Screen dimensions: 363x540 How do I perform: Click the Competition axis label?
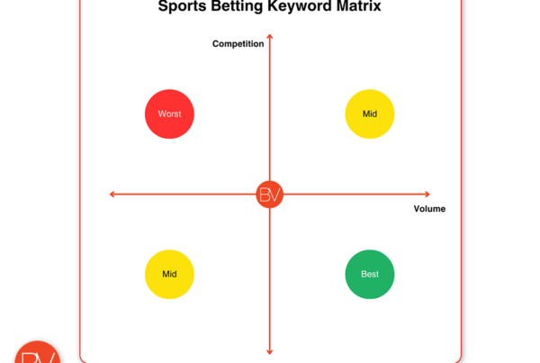click(x=238, y=43)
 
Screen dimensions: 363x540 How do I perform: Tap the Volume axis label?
click(x=429, y=209)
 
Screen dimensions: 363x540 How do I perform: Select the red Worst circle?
click(x=169, y=114)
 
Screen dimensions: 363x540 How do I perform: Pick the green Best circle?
click(x=370, y=274)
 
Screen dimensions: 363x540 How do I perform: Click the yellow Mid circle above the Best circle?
click(x=370, y=114)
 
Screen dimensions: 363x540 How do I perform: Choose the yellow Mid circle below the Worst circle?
click(x=169, y=274)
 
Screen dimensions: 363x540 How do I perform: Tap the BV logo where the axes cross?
click(x=270, y=195)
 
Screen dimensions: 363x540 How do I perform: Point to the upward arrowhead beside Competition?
click(x=270, y=38)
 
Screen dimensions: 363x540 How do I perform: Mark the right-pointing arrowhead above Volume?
click(x=427, y=194)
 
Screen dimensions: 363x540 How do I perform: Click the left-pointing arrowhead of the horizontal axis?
click(x=112, y=194)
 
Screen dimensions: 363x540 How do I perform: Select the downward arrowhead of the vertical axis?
click(x=270, y=351)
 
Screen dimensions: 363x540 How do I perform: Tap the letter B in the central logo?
click(x=265, y=195)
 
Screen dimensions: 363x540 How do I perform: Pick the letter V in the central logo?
click(x=275, y=195)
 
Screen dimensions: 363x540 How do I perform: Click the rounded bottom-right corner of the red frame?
click(x=457, y=357)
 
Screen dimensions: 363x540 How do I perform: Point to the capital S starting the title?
click(x=163, y=7)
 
